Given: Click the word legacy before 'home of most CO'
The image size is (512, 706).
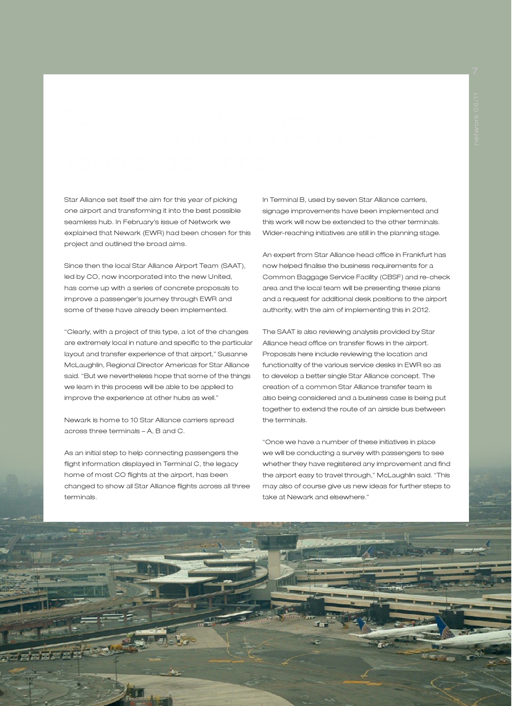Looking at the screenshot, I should pyautogui.click(x=225, y=464).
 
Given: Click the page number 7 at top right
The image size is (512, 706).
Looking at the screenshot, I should pyautogui.click(x=475, y=71).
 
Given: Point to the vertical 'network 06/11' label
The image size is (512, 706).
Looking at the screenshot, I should pyautogui.click(x=476, y=118).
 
